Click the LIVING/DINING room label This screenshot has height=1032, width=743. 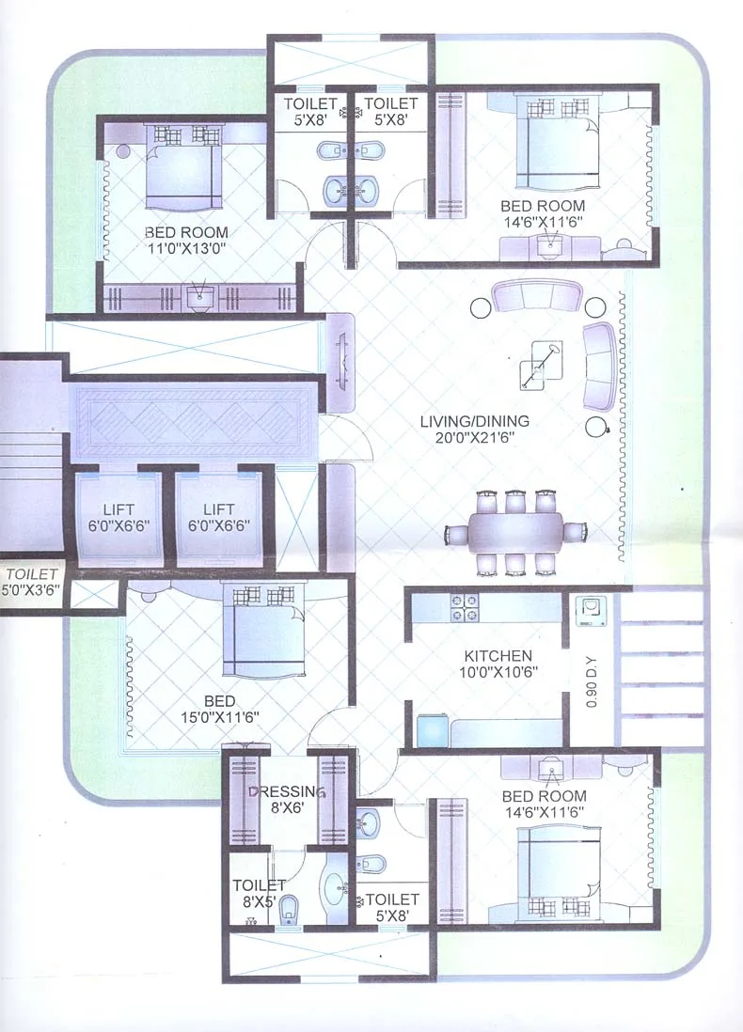(474, 430)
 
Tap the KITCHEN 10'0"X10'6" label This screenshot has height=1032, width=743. (498, 664)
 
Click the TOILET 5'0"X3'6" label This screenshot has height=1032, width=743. (31, 581)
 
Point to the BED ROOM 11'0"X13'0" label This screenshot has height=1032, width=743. (185, 241)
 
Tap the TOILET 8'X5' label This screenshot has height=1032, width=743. (259, 893)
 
